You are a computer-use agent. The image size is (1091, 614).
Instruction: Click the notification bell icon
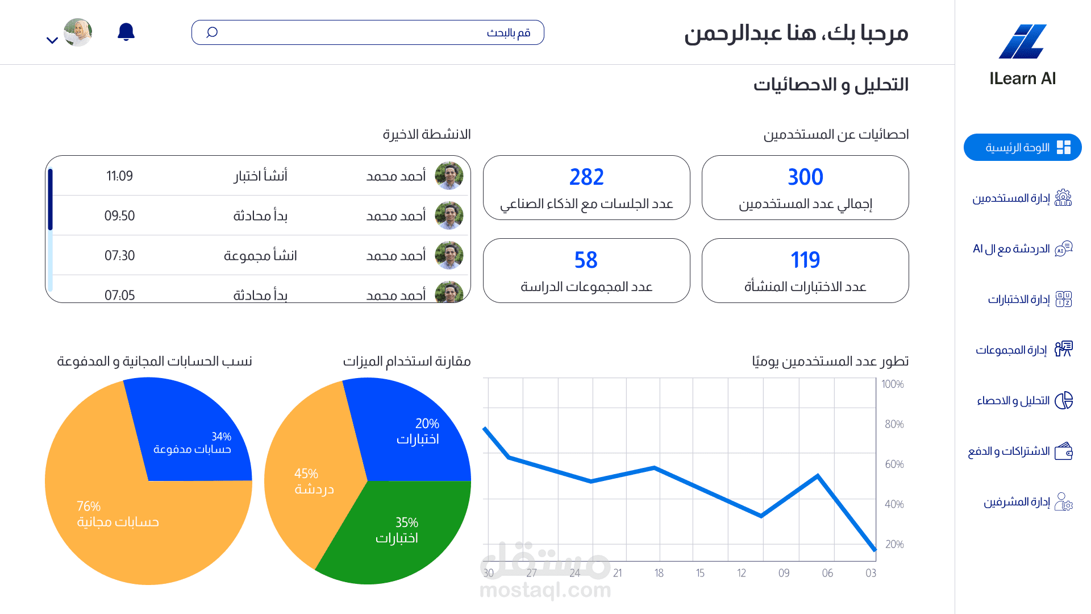point(126,32)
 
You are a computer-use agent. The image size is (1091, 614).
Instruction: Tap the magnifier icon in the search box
point(212,32)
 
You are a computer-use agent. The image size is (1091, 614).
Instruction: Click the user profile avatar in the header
point(78,32)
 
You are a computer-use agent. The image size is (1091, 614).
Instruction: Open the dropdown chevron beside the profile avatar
point(52,40)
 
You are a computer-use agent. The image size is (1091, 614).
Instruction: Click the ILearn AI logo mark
point(1023,42)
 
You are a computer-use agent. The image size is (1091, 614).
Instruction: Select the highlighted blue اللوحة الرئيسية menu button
point(1023,147)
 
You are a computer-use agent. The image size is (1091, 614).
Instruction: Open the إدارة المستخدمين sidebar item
point(1022,198)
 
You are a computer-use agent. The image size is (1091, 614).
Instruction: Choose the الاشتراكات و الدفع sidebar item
point(1020,451)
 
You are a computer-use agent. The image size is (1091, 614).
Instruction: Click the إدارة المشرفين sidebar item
point(1027,502)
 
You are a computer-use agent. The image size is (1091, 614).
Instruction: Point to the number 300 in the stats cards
point(805,177)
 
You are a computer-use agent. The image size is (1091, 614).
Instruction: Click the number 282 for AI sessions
point(586,177)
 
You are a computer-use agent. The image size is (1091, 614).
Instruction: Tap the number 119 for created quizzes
point(805,260)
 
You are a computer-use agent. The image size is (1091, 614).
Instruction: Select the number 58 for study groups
point(586,260)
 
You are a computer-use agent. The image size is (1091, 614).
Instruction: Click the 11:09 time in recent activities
point(119,176)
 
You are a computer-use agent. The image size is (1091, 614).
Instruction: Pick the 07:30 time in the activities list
point(119,256)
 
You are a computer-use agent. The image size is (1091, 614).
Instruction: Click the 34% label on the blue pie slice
point(221,436)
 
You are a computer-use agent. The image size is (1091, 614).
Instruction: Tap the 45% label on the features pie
point(306,474)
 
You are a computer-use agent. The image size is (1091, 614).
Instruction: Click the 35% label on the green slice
point(407,522)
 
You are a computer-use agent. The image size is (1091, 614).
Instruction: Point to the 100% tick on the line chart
point(893,384)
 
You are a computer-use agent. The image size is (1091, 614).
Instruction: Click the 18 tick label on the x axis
point(659,573)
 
